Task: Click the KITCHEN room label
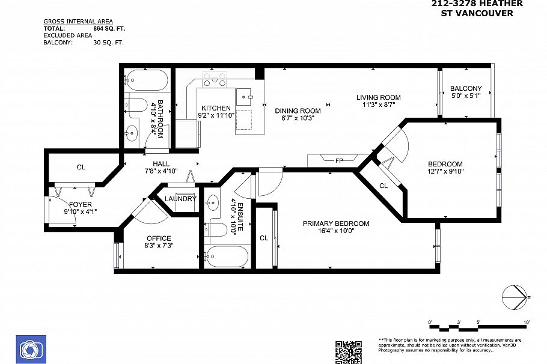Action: point(216,108)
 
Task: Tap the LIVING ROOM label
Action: point(378,97)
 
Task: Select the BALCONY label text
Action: point(466,88)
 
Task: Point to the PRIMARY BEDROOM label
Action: point(335,223)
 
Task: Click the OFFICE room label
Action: point(159,238)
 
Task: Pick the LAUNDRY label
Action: point(180,199)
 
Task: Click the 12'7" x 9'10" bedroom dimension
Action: point(445,171)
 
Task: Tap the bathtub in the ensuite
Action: point(226,256)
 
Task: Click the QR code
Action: point(349,351)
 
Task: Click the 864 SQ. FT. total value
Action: point(109,28)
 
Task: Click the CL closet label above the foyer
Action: point(81,167)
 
